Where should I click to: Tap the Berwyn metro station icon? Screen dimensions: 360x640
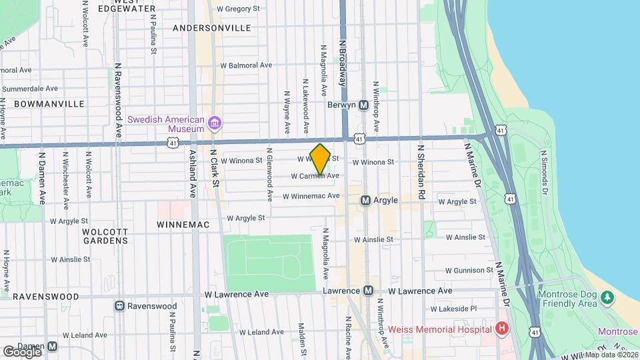click(364, 105)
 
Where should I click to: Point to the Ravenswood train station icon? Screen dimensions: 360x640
click(119, 306)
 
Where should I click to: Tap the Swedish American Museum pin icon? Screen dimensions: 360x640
click(215, 123)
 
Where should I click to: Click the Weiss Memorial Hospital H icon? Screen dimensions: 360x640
click(501, 329)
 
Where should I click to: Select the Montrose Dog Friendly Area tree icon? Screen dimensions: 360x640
click(607, 296)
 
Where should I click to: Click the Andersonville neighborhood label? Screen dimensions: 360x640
click(211, 28)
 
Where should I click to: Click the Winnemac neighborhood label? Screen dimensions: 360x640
click(183, 225)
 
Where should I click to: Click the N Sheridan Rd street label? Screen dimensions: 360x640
click(421, 173)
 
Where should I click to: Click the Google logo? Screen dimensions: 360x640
click(22, 351)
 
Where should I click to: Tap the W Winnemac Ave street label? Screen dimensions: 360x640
click(311, 196)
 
